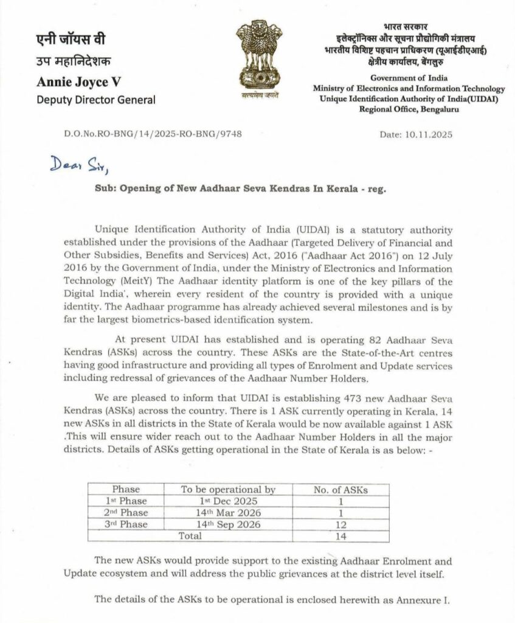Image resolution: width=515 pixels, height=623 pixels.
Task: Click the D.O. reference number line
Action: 152,134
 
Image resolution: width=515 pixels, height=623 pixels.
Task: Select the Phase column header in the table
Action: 126,489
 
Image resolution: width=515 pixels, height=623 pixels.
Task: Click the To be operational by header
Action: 229,489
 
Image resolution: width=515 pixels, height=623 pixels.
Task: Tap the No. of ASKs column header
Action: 341,489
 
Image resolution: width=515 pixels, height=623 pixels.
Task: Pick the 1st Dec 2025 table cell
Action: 229,501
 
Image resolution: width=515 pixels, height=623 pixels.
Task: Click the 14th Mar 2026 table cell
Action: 229,512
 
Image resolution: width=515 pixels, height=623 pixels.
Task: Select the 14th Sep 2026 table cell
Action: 229,524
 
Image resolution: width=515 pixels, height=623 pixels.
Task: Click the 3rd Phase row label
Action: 126,524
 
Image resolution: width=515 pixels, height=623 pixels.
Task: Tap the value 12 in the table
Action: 341,524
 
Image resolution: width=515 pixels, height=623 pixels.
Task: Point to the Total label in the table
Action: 189,535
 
